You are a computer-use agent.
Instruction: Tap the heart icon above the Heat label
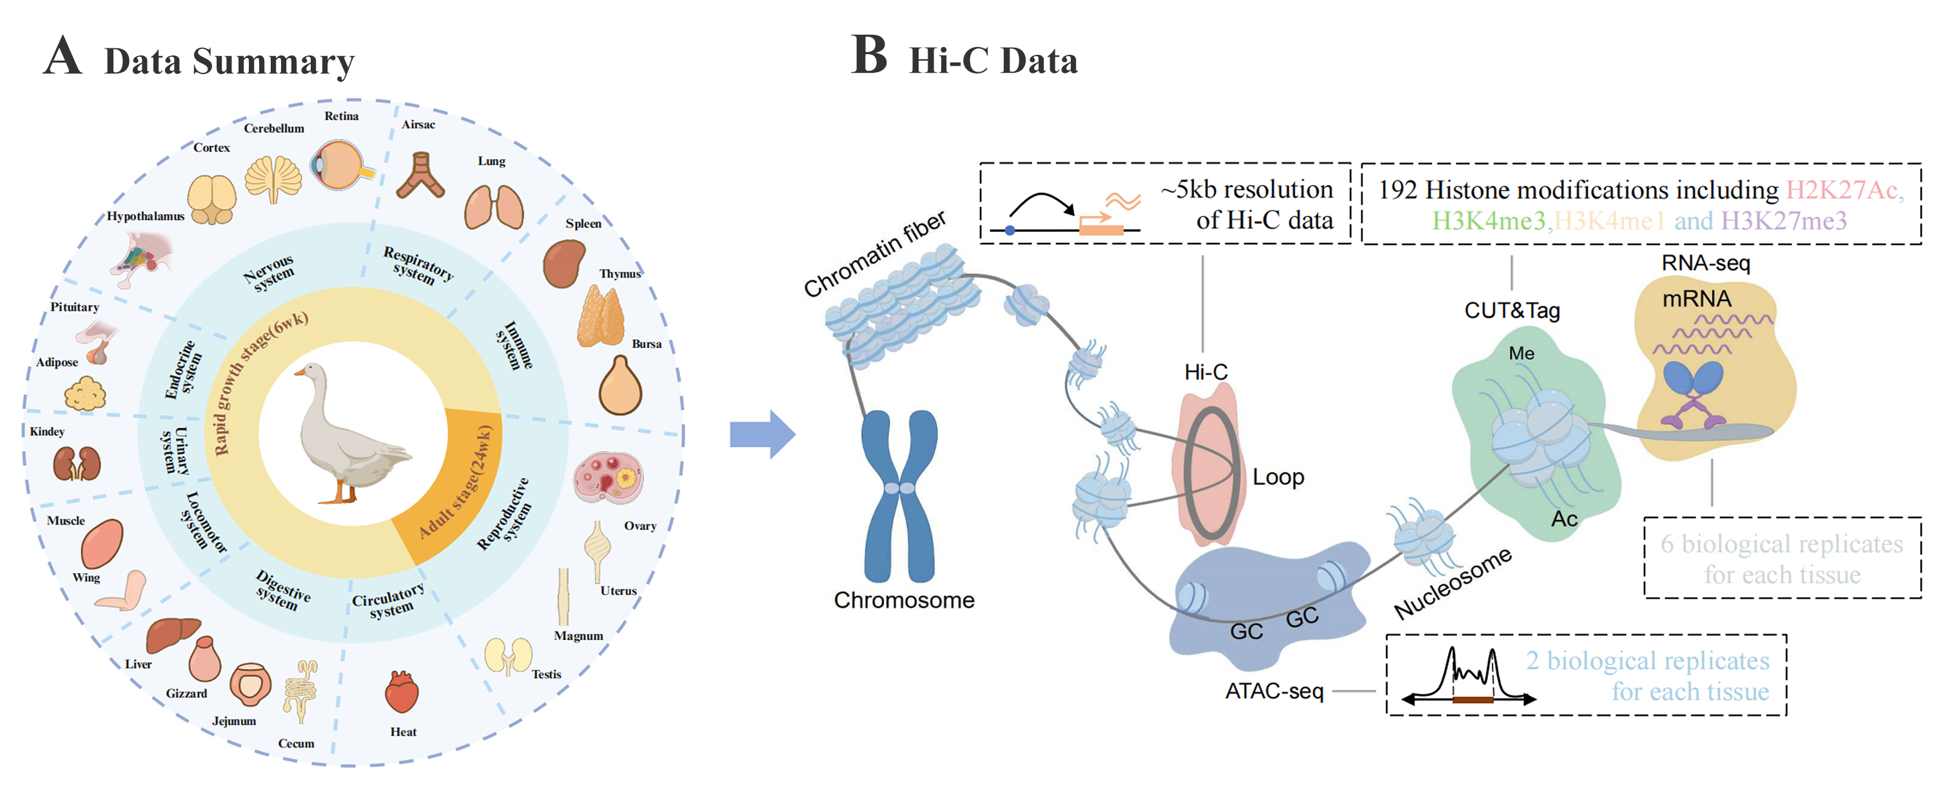[401, 692]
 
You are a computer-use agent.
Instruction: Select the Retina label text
[341, 116]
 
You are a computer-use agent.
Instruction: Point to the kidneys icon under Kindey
[76, 464]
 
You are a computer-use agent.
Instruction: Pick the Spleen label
[583, 223]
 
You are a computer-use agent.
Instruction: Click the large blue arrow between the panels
[762, 434]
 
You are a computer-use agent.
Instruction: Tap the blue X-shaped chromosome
[899, 494]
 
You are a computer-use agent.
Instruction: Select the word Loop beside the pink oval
[1278, 478]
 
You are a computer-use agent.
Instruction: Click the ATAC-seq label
[1274, 691]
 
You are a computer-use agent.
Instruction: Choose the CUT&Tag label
[1512, 311]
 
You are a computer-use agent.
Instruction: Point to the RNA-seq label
[1705, 263]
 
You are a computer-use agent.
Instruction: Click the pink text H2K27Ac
[1841, 190]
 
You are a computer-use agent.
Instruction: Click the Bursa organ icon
[620, 386]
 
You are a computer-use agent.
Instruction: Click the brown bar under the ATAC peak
[1472, 699]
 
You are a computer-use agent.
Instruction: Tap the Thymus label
[620, 274]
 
